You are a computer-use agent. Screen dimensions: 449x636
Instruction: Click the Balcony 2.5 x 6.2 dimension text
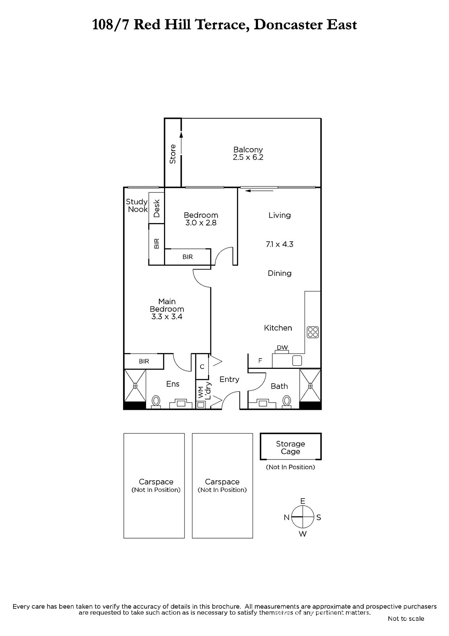tap(248, 157)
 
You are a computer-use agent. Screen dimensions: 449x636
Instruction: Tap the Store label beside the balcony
tap(172, 154)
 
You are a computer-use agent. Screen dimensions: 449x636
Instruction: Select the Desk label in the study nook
tap(156, 208)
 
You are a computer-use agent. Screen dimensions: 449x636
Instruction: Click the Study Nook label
tap(137, 205)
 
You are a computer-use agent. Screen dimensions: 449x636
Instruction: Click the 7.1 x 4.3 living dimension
tap(279, 244)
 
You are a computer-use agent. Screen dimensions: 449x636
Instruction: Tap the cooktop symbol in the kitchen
tap(312, 332)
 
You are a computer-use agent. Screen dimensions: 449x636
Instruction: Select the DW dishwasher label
tap(282, 347)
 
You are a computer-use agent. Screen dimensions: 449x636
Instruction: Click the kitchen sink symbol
tap(297, 360)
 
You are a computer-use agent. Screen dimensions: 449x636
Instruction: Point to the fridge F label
tap(260, 361)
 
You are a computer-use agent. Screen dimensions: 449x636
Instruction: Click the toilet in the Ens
tap(156, 402)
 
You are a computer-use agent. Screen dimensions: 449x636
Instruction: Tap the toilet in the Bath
tap(287, 402)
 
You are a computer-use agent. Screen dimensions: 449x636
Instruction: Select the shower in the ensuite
tap(135, 386)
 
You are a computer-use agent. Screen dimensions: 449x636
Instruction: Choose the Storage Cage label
tap(291, 448)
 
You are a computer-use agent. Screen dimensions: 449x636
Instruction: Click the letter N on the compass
tap(287, 517)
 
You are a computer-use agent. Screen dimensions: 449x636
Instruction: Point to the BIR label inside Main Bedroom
tap(144, 361)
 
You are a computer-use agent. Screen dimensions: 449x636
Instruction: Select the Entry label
tap(229, 380)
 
